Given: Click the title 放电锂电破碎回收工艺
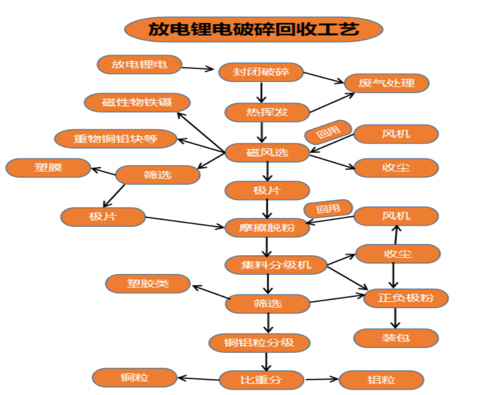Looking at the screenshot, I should (253, 29).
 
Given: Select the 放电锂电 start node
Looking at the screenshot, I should (139, 64).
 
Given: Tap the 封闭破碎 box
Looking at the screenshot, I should (261, 72).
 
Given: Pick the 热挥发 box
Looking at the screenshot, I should (267, 112).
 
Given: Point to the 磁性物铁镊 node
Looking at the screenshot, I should (137, 103).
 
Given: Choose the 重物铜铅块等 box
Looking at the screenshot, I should (116, 139).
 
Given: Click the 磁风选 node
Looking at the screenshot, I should (267, 152).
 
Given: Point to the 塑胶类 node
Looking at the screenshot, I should (148, 284).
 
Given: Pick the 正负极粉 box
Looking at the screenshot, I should (406, 298).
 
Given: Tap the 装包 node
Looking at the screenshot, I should (396, 338).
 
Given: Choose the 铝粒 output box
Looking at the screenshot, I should (381, 380).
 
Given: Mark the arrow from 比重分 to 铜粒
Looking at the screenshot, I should (199, 378).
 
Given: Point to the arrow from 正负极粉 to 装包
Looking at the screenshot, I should (396, 318).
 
